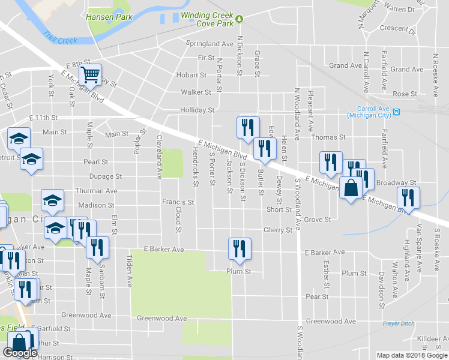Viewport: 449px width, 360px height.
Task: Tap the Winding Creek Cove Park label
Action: pos(207,19)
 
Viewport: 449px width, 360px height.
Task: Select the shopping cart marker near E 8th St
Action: pos(91,74)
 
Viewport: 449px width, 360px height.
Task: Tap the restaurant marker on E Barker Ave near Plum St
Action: pos(240,248)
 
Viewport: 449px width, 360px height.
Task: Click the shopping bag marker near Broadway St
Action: pos(351,188)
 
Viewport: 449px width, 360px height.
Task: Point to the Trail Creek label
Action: pos(60,37)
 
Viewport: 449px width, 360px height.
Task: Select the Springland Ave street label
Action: pos(209,44)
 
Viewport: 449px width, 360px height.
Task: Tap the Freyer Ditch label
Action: pos(399,324)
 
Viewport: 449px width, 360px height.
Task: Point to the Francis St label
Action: pos(178,203)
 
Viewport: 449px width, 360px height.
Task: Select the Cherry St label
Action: pos(278,230)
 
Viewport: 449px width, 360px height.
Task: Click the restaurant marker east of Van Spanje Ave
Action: pos(408,197)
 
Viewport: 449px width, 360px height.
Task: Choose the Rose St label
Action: pos(404,94)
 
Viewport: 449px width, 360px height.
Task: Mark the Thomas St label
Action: pos(328,137)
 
